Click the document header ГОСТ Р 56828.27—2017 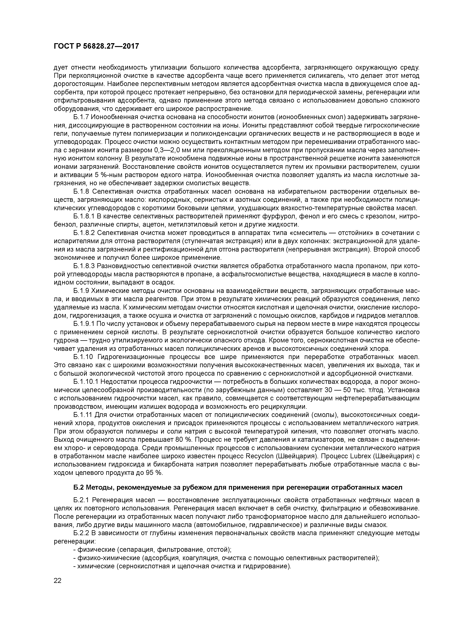click(x=96, y=46)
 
